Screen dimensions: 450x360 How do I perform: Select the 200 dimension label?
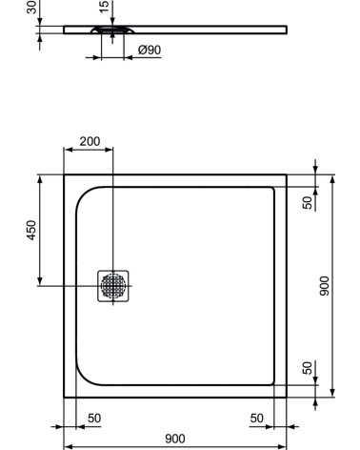[90, 141]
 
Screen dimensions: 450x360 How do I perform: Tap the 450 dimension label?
[30, 231]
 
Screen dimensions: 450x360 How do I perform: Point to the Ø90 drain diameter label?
[148, 50]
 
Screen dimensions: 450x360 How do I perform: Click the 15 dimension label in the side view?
[104, 9]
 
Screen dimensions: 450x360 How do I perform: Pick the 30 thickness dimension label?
[30, 9]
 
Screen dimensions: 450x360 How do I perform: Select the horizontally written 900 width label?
[174, 439]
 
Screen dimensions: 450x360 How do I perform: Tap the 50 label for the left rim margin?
[93, 418]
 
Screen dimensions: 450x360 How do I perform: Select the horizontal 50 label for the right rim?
[257, 418]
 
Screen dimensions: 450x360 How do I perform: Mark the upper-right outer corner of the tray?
[287, 175]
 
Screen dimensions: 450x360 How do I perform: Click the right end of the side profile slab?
[285, 29]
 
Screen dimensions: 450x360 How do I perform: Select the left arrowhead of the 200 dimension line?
[67, 150]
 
